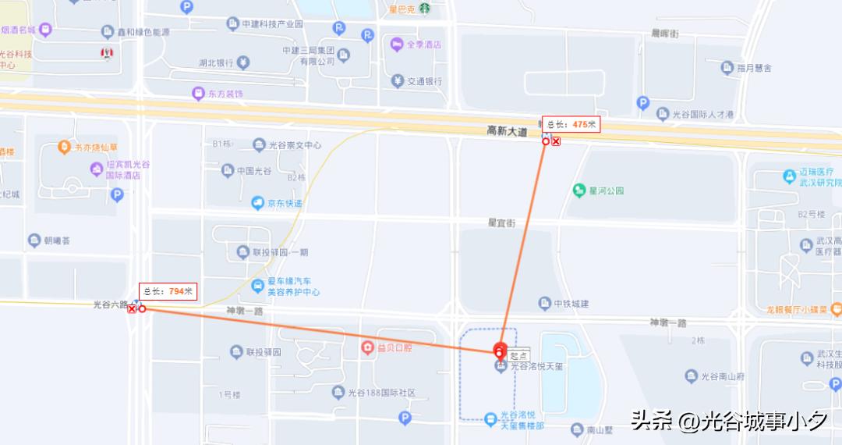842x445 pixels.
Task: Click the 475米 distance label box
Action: pos(571,124)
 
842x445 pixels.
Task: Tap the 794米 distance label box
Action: pos(168,291)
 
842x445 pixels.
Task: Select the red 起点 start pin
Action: pos(501,351)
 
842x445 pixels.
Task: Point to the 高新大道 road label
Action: pos(507,130)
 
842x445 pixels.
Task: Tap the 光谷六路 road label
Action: pos(110,304)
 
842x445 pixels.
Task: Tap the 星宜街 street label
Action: pos(501,222)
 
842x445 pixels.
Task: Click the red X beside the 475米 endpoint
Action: pos(556,141)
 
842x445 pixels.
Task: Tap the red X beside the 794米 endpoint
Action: pos(132,309)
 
